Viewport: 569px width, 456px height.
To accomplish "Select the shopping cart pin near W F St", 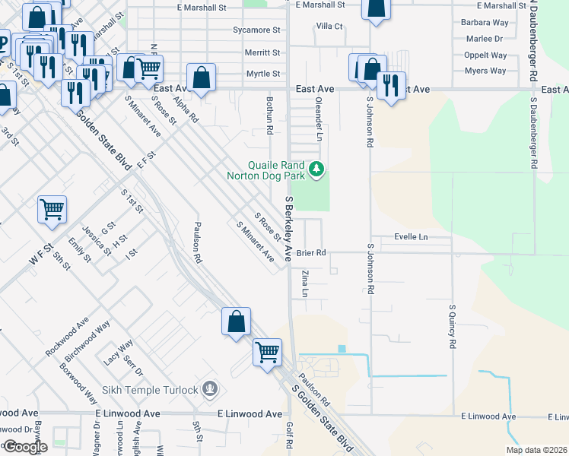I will click(x=52, y=209).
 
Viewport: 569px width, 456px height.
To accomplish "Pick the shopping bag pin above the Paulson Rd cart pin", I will click(x=236, y=321).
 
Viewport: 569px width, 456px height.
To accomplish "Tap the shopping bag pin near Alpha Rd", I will click(x=202, y=78).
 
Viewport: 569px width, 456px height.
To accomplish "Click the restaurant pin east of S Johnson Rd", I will click(x=391, y=85).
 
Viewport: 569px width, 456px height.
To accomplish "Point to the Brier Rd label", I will click(x=311, y=253).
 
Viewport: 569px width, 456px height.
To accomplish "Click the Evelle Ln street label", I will click(x=411, y=237).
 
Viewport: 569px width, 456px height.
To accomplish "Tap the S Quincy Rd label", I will click(x=452, y=326).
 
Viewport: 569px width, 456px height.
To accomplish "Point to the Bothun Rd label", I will click(x=269, y=116).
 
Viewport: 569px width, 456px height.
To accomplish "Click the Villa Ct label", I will click(x=329, y=26).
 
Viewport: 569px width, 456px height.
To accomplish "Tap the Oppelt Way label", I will click(x=485, y=55).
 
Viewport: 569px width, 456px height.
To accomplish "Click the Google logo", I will click(x=25, y=447).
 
